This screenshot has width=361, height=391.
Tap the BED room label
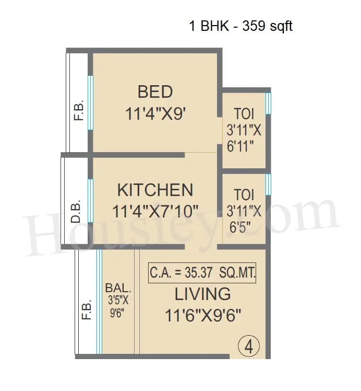tap(155, 92)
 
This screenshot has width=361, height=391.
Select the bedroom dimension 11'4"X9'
tap(155, 114)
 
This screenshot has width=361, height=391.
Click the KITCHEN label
tap(155, 190)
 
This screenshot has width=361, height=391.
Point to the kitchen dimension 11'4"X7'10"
tap(155, 212)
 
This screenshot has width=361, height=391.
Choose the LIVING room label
tap(202, 294)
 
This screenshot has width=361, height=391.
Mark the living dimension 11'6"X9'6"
tap(202, 316)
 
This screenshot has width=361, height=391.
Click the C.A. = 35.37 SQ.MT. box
tap(202, 272)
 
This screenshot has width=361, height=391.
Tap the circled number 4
tap(249, 347)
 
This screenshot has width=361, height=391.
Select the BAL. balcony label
tap(118, 288)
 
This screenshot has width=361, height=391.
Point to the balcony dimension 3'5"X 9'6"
tap(118, 308)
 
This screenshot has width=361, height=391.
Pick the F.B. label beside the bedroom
tap(79, 111)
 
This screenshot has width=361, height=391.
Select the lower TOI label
tap(244, 195)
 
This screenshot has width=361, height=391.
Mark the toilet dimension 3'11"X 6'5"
tap(244, 219)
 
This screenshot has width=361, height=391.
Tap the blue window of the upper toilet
tap(268, 103)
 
